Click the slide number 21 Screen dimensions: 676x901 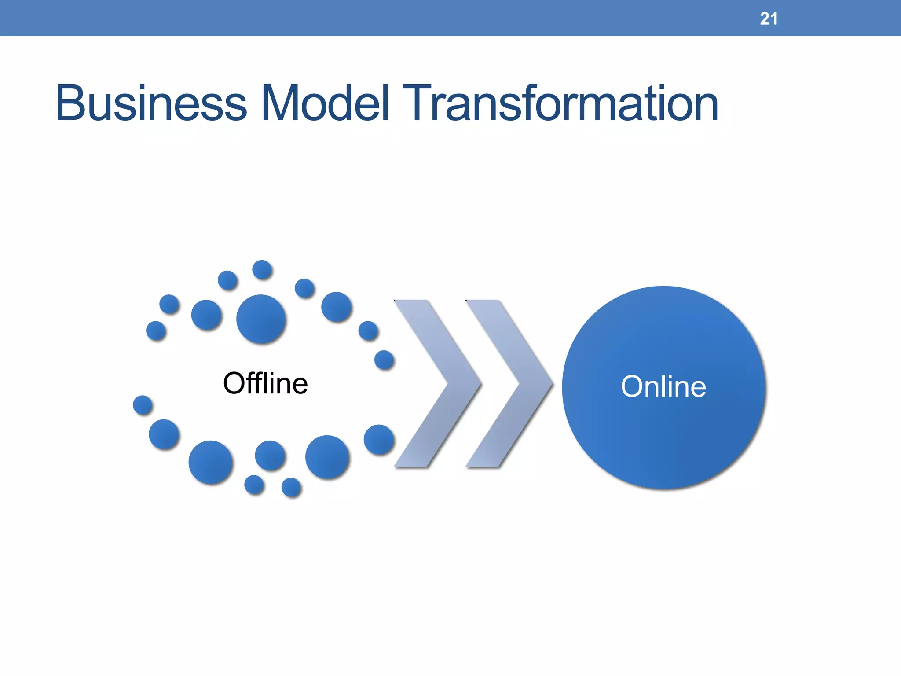[x=769, y=18]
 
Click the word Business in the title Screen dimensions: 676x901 [x=151, y=104]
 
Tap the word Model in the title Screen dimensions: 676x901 [x=325, y=104]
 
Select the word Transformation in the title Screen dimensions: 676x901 [x=560, y=104]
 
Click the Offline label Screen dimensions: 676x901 [x=265, y=383]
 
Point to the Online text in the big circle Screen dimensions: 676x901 [x=663, y=387]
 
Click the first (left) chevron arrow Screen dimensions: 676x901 [x=438, y=383]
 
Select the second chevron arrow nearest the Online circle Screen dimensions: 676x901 [x=509, y=383]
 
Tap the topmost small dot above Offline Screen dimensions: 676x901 [x=262, y=269]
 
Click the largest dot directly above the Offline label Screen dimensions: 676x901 [x=261, y=319]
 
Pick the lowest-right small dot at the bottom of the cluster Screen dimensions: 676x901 [x=291, y=487]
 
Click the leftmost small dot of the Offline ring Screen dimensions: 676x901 [x=143, y=405]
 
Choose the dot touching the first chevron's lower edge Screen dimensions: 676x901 [x=379, y=439]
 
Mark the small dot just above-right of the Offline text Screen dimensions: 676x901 [x=384, y=360]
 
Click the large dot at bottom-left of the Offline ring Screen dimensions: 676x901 [x=211, y=462]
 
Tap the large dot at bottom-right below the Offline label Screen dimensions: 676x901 [x=327, y=457]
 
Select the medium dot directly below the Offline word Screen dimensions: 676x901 [x=270, y=455]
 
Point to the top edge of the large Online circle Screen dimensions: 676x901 [x=664, y=288]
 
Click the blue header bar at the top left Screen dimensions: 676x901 [x=132, y=18]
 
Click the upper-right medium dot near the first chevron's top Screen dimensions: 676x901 [x=337, y=307]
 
